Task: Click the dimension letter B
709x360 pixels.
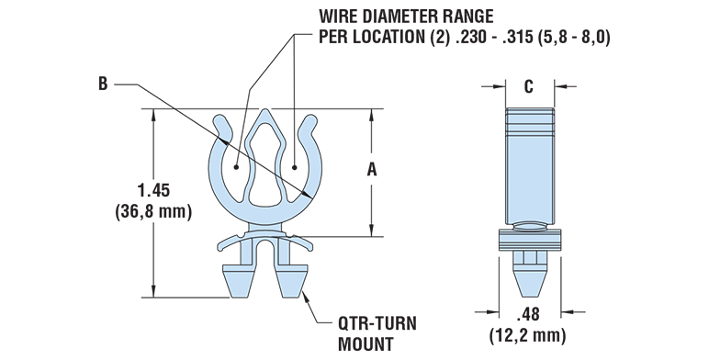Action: [103, 84]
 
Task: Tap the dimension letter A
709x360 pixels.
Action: [371, 169]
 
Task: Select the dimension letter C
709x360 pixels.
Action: [528, 87]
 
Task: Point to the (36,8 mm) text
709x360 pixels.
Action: [152, 212]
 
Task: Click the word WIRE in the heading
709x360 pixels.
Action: [339, 17]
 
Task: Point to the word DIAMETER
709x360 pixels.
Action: [408, 17]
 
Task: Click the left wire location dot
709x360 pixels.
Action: [236, 168]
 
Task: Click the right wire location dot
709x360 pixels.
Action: [294, 168]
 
